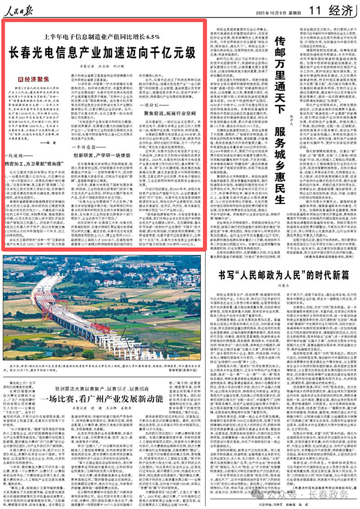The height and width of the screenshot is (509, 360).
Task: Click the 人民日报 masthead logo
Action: (x=23, y=11)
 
